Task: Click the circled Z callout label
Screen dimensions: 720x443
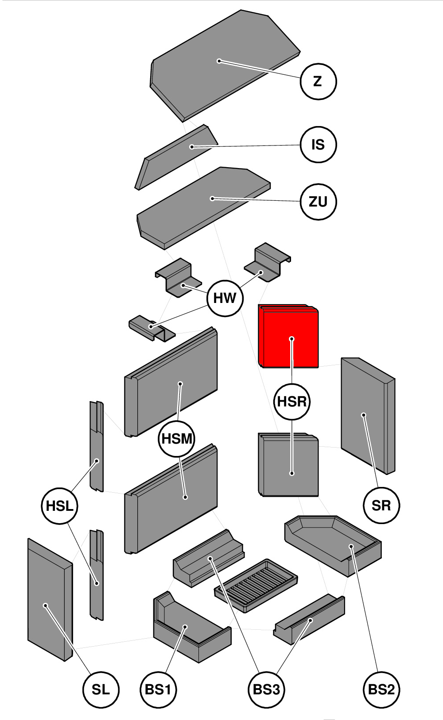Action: click(318, 81)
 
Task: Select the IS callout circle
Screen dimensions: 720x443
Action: click(318, 145)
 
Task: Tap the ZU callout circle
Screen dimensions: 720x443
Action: click(318, 202)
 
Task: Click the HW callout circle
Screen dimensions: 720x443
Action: click(225, 298)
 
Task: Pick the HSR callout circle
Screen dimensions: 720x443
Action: click(292, 402)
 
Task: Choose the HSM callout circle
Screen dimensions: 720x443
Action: click(177, 439)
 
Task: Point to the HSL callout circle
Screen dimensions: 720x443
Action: click(59, 506)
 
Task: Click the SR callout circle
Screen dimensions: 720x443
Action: click(381, 506)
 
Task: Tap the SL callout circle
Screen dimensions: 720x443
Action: click(101, 689)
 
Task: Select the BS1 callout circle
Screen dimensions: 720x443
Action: click(158, 689)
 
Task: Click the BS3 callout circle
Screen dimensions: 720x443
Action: click(266, 689)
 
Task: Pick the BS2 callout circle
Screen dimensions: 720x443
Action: click(381, 689)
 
